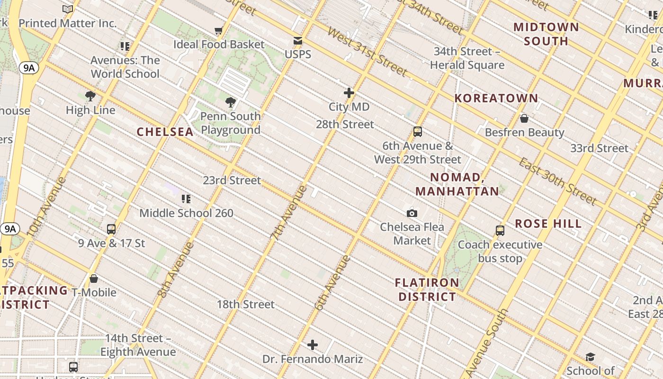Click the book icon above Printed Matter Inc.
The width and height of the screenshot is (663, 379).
[68, 9]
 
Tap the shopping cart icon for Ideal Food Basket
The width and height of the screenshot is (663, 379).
[218, 31]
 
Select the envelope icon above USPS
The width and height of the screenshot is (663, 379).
[298, 41]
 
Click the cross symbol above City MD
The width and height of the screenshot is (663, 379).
[349, 93]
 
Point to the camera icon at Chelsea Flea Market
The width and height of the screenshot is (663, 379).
[412, 213]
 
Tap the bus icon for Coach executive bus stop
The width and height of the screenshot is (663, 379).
[500, 231]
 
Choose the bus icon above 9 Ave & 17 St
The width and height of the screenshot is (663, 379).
[111, 229]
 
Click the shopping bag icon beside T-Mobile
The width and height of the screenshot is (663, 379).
[94, 279]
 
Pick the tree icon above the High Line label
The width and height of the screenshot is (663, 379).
[90, 96]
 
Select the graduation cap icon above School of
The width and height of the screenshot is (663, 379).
[590, 357]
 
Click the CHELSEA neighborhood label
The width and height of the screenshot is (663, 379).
[165, 132]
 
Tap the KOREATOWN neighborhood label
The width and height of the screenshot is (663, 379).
[496, 99]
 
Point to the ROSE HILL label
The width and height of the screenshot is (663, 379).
[548, 224]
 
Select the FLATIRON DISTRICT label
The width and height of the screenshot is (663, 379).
[427, 290]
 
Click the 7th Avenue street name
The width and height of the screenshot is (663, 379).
[288, 212]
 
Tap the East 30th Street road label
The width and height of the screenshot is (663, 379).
[557, 181]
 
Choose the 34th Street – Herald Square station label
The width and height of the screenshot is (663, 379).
[467, 58]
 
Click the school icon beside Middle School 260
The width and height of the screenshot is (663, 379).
[186, 199]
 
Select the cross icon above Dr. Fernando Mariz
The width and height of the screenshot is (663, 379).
[313, 345]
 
